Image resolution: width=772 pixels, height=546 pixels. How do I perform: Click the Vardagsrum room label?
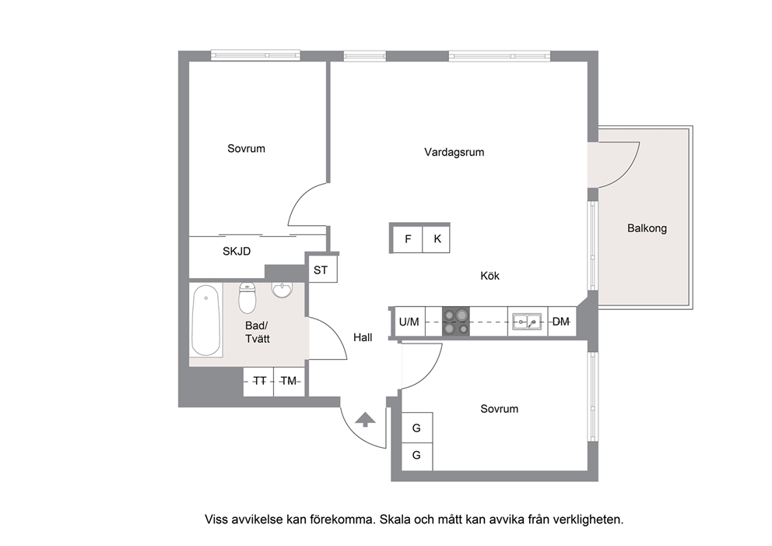[x=454, y=152]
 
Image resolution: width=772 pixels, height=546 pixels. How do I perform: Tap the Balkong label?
[x=647, y=228]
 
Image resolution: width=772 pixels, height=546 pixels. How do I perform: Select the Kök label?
[x=490, y=276]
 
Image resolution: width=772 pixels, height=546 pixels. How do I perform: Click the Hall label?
[x=363, y=337]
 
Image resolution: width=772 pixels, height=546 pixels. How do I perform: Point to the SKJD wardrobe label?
[x=237, y=252]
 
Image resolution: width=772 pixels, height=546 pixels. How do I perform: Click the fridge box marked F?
[x=408, y=239]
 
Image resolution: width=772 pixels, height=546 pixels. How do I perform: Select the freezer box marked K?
[x=437, y=239]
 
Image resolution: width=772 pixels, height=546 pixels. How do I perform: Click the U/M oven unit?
[x=409, y=322]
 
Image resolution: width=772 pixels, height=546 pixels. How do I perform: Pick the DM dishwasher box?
[x=561, y=322]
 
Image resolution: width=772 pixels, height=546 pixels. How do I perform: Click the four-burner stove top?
[x=455, y=322]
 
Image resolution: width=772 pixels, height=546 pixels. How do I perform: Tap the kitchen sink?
[x=528, y=322]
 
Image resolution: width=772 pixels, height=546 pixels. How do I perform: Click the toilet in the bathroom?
[x=247, y=298]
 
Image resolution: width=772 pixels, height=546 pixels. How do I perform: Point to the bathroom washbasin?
[x=282, y=290]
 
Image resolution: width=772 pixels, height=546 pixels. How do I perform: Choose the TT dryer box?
[x=259, y=382]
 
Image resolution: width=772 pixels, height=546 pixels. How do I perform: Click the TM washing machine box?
[x=289, y=382]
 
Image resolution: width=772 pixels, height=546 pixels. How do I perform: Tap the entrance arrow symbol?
[x=365, y=419]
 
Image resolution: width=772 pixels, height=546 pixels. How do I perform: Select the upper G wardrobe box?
[x=417, y=428]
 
